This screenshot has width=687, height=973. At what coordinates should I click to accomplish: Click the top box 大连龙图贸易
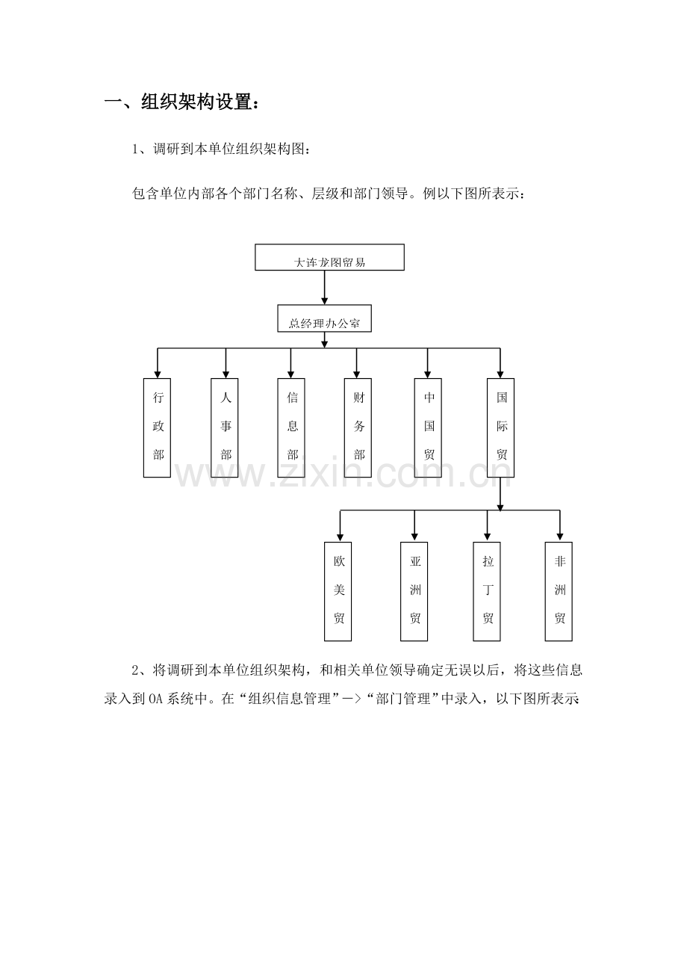(x=329, y=257)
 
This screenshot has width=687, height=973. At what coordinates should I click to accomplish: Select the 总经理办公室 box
(x=324, y=318)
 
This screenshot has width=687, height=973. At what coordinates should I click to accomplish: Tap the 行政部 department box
(x=157, y=428)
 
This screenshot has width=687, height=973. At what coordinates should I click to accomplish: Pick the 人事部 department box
(x=224, y=428)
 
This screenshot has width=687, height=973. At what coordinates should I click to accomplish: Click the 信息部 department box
(x=291, y=428)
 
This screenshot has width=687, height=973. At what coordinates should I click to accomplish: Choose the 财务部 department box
(x=358, y=428)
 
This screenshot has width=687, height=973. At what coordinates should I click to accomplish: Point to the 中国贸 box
(x=428, y=428)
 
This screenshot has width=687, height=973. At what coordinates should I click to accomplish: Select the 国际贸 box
(x=500, y=428)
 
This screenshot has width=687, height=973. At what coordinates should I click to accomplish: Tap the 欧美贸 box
(x=338, y=592)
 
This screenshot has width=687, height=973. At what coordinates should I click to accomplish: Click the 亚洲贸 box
(x=414, y=592)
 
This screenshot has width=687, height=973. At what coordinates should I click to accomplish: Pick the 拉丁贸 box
(x=487, y=592)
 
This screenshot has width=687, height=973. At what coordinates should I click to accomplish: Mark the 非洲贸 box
(x=559, y=592)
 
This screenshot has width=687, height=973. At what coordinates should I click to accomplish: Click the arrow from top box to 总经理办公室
(x=324, y=288)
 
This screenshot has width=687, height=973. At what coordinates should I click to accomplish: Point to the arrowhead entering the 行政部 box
(x=158, y=374)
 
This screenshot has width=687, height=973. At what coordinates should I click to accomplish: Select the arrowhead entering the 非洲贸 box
(x=560, y=538)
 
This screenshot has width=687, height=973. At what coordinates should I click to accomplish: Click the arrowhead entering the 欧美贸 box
(x=341, y=538)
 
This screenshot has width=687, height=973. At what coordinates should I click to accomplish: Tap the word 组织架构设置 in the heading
(x=196, y=102)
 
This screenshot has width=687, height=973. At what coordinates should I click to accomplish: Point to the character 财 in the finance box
(x=358, y=398)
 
